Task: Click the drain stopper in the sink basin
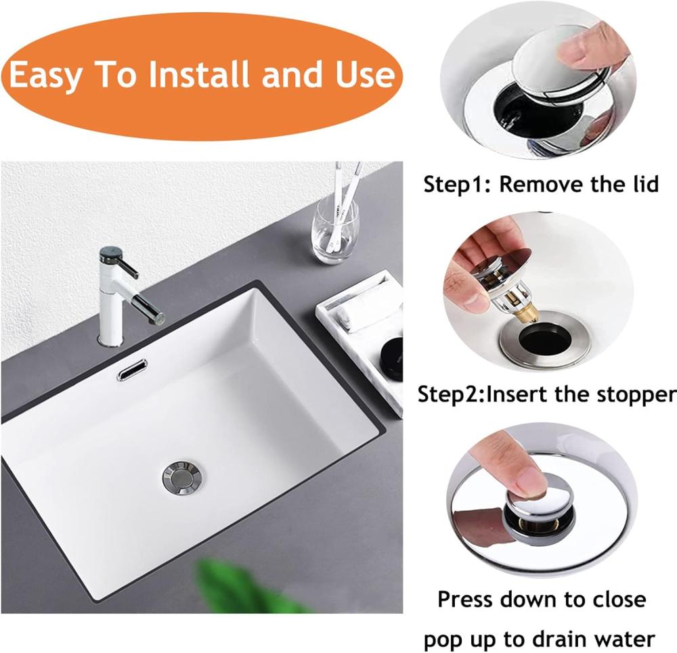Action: [x=183, y=477]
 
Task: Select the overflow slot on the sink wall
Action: [x=132, y=370]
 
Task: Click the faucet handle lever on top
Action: [x=118, y=261]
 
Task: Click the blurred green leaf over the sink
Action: [x=242, y=587]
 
